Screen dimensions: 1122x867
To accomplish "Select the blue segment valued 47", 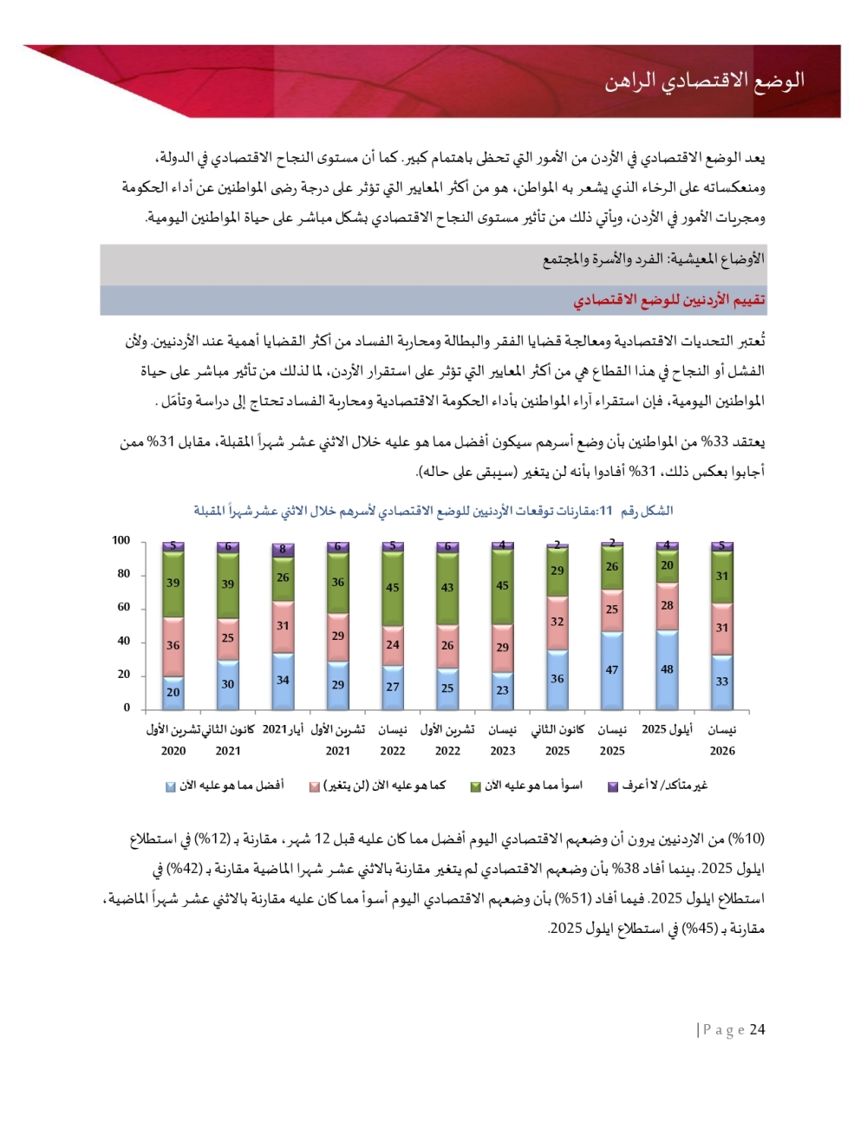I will pos(612,670).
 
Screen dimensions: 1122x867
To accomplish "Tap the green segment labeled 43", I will pos(447,587).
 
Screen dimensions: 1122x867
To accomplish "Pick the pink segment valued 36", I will pos(173,646).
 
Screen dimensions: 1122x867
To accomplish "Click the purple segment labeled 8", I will pos(283,549).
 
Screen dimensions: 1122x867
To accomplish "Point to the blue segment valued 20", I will pos(173,692).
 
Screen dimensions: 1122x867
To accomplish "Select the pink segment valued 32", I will pos(557,622).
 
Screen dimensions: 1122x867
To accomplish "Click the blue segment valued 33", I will pos(721,682).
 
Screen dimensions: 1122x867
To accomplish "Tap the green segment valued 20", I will pos(667,565).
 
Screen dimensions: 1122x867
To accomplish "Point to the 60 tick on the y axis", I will pos(123,607).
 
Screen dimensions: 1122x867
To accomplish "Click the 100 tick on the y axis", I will pos(121,540).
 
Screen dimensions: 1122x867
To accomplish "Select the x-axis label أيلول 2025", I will pos(667,729).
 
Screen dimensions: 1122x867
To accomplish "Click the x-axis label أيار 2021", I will pos(283,729).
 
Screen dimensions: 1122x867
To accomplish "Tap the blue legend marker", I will pos(171,786).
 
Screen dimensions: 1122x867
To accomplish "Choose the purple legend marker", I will pos(612,786).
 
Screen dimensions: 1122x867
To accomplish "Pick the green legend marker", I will pos(475,786).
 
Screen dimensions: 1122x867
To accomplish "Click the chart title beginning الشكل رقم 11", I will pos(433,511).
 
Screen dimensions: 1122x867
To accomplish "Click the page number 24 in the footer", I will pos(757,1029).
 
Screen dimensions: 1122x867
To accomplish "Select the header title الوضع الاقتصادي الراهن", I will pos(704,81).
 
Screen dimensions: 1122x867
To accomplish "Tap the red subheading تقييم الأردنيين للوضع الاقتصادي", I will pos(668,300).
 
